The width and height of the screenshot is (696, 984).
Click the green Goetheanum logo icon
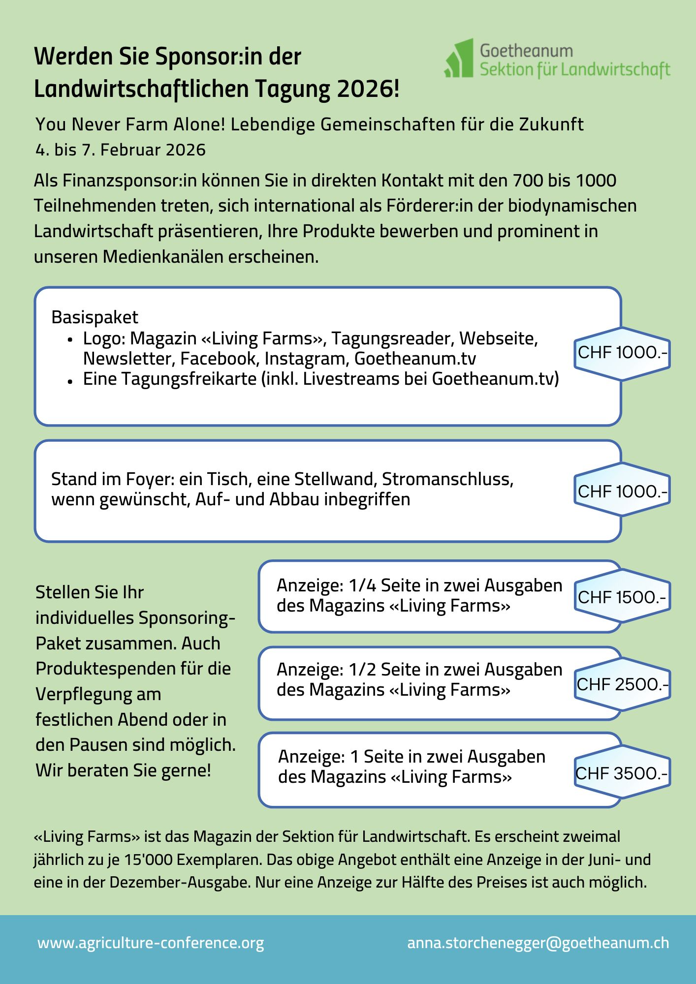(459, 59)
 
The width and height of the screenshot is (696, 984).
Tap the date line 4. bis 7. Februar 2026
(121, 150)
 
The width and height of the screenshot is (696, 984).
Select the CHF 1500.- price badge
(622, 597)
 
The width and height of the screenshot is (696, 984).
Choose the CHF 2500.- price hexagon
(622, 684)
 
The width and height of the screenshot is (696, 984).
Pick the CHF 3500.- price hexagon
(622, 773)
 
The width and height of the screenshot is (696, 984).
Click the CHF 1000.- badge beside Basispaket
(622, 353)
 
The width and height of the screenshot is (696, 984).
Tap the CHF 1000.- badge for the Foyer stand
(622, 491)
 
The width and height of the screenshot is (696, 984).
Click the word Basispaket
(95, 317)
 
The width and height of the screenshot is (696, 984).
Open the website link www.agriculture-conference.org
(151, 943)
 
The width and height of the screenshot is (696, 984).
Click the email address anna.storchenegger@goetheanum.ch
(538, 943)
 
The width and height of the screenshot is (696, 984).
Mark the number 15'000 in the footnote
(148, 860)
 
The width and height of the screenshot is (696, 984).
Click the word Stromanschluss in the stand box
(447, 479)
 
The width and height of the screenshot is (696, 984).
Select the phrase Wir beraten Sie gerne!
(123, 770)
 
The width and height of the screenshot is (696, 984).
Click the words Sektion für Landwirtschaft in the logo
(575, 70)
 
